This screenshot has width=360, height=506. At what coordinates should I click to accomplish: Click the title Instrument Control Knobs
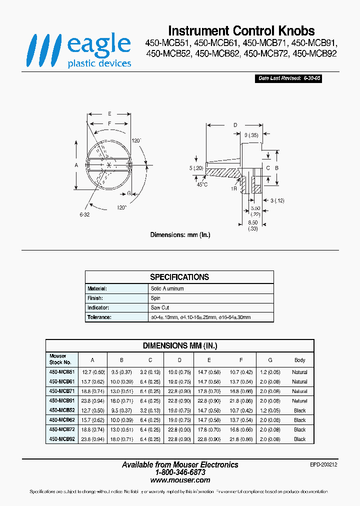tap(241, 30)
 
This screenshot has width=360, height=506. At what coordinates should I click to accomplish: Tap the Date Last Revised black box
tap(289, 78)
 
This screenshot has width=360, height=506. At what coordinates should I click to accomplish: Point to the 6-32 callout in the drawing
tap(84, 214)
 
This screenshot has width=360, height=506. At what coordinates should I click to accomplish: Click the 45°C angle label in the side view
tap(202, 184)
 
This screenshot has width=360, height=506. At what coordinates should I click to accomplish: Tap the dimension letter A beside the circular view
tap(76, 164)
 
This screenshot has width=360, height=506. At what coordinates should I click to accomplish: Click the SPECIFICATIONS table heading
tap(179, 277)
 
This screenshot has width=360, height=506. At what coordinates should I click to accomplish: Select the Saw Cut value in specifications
tap(160, 307)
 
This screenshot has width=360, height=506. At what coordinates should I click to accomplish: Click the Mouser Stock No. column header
tap(60, 359)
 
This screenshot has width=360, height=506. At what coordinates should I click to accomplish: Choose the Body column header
tap(299, 360)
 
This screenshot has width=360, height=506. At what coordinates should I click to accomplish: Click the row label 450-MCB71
tap(62, 391)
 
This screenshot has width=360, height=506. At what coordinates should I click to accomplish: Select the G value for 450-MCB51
tap(270, 372)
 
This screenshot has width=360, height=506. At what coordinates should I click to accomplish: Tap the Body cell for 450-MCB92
tap(299, 439)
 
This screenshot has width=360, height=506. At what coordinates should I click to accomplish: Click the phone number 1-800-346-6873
tap(180, 472)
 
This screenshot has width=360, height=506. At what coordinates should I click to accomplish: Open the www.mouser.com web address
tap(180, 479)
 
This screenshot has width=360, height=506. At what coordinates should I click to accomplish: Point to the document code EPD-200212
tap(324, 464)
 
